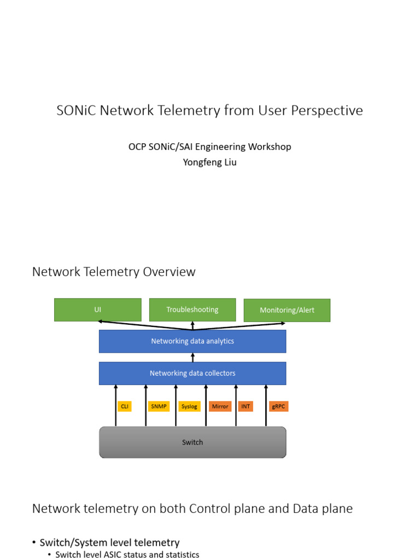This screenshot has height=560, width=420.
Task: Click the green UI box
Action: [98, 310]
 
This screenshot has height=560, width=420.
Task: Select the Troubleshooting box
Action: [192, 310]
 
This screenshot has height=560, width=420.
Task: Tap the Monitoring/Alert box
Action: [287, 310]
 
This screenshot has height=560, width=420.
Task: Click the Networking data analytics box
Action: [192, 341]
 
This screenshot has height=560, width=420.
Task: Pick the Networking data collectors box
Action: [192, 373]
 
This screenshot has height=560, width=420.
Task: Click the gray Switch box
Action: [192, 442]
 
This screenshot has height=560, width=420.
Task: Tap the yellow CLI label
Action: [125, 406]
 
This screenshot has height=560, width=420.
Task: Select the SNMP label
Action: [159, 406]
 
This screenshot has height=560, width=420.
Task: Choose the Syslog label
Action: [189, 406]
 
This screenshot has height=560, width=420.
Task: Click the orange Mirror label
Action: [220, 406]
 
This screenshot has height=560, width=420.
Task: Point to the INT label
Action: [246, 406]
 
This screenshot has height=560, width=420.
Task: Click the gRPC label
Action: [279, 406]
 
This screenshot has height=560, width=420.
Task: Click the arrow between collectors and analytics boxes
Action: [192, 357]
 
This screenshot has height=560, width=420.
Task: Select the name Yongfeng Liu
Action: [209, 162]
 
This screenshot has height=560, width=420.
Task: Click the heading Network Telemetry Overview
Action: [114, 272]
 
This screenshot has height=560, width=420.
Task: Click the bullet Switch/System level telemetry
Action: [109, 542]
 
